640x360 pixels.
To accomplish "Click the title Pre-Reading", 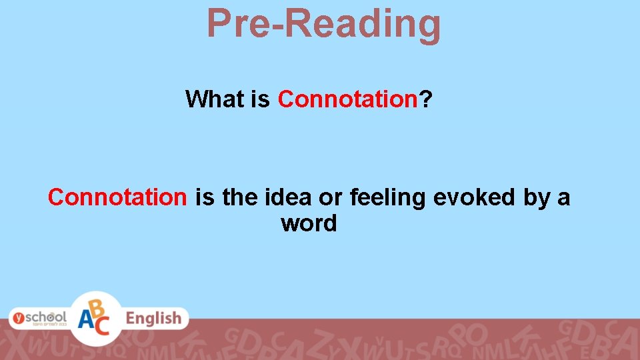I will coord(323,23).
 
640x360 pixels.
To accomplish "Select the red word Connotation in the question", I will coord(347,99).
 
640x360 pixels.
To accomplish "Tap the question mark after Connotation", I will coord(425,99).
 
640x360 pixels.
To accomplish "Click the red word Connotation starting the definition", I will coord(117,197).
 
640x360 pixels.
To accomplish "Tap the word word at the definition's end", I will coord(309,224).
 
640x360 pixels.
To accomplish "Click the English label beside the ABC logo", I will coord(153,319).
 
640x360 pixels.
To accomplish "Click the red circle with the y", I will coord(19,319).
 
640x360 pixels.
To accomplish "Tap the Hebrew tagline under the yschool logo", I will coord(52,326).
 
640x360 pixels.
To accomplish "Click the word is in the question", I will coord(260,99).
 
